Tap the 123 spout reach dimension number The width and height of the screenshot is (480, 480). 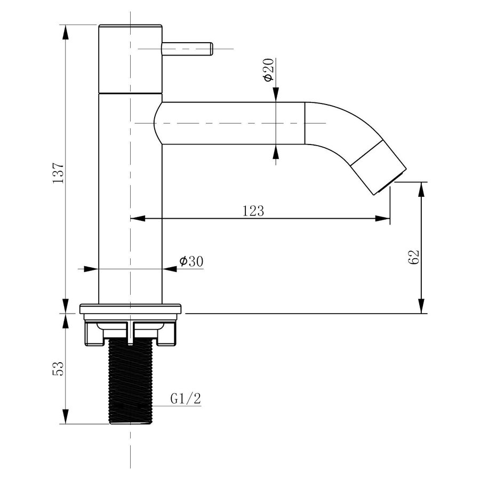[x=254, y=211]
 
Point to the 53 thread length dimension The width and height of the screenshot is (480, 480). [x=59, y=368]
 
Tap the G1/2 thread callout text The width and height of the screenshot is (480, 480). [x=186, y=399]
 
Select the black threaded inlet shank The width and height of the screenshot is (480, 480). [x=130, y=381]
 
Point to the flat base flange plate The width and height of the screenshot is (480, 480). [x=131, y=309]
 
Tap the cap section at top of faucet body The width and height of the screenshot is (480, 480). [x=130, y=59]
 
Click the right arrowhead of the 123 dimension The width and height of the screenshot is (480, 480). [x=384, y=218]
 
